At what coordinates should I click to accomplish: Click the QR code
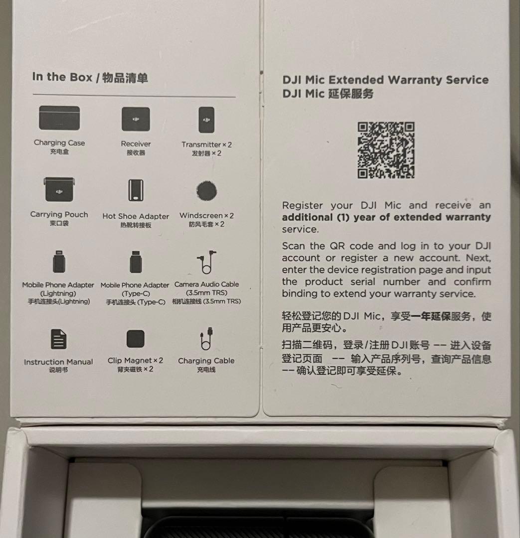tap(386, 150)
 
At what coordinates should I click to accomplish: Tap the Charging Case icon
tap(59, 118)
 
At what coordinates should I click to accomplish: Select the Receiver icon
tap(136, 119)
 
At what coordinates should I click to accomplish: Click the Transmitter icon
tap(206, 120)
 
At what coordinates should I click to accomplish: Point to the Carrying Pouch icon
tap(59, 189)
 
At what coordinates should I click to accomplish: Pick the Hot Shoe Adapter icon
tap(136, 190)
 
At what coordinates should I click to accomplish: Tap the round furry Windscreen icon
tap(207, 190)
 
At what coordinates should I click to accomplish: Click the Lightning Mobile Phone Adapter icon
tap(59, 262)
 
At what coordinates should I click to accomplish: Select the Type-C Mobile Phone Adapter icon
tap(136, 262)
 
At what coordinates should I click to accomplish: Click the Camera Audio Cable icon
tap(206, 262)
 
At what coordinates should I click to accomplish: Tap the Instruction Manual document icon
tap(58, 339)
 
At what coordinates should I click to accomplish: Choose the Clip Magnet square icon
tap(135, 339)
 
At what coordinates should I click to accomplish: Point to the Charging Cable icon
tap(206, 339)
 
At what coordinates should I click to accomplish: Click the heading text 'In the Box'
tap(62, 77)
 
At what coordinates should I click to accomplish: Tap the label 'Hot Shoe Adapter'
tap(136, 216)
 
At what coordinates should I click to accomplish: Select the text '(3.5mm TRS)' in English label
tap(206, 293)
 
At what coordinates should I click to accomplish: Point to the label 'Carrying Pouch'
tap(59, 214)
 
